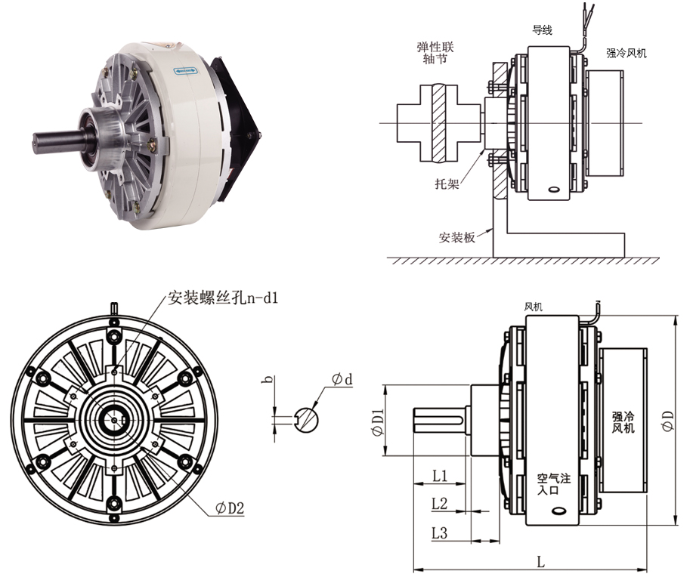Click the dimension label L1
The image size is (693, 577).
(x=440, y=476)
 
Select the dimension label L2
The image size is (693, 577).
(x=440, y=503)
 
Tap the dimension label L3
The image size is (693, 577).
(x=440, y=533)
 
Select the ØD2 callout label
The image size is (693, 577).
(x=230, y=508)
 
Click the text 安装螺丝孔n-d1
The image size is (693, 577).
(x=223, y=298)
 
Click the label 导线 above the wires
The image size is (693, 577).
(x=543, y=30)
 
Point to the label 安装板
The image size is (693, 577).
(x=456, y=236)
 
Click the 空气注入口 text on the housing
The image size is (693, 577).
(x=552, y=483)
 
